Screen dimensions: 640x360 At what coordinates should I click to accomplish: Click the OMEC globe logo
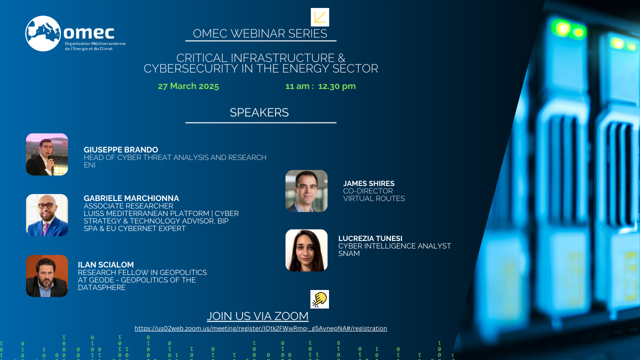[43, 33]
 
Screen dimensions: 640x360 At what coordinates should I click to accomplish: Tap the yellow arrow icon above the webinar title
[319, 17]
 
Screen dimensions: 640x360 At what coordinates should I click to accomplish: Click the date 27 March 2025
[188, 86]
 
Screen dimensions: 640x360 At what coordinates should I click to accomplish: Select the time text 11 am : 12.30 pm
[320, 86]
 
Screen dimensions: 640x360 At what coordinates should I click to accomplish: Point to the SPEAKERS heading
[259, 112]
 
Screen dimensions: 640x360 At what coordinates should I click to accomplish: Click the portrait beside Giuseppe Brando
[47, 154]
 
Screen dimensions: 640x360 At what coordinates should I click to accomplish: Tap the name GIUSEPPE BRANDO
[121, 149]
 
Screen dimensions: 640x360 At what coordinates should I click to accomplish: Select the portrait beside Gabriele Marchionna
[47, 215]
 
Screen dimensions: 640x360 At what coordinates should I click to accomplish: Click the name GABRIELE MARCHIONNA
[131, 198]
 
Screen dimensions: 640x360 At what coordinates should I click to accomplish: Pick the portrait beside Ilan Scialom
[47, 276]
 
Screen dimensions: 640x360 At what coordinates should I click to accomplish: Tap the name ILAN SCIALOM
[105, 264]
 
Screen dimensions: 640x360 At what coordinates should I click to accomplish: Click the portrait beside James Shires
[306, 191]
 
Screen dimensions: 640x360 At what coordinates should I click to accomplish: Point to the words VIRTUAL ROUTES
[374, 198]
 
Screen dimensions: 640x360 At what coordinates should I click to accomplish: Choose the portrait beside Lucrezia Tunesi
[306, 250]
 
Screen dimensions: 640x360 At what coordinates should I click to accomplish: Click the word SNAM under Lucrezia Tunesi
[349, 253]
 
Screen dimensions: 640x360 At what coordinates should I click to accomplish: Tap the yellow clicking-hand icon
[319, 299]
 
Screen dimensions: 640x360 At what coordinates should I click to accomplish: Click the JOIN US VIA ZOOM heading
[257, 316]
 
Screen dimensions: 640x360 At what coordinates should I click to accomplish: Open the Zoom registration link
[261, 328]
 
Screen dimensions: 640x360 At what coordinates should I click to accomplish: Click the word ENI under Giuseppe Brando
[89, 165]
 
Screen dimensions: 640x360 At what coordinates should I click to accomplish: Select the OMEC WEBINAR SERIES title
[260, 33]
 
